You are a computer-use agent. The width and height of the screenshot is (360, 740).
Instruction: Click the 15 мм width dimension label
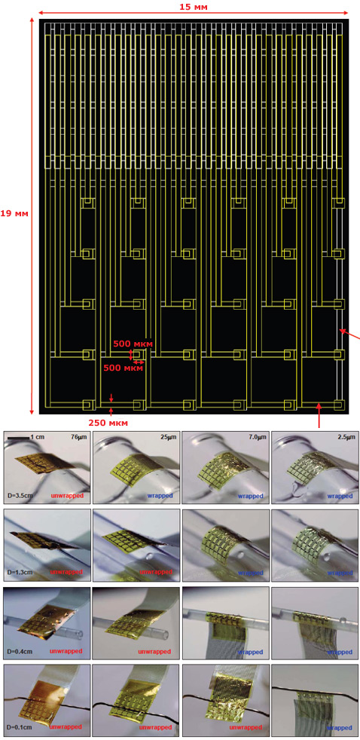(194, 7)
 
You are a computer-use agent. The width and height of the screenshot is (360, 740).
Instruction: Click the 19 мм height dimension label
(14, 213)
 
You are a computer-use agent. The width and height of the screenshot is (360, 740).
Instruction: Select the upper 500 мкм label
(133, 344)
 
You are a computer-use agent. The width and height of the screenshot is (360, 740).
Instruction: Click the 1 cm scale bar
(19, 439)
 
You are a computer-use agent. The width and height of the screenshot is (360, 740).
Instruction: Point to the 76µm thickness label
(79, 438)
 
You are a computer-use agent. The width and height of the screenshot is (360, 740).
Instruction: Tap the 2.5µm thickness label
(346, 438)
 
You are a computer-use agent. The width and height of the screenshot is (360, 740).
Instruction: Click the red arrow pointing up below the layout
(319, 414)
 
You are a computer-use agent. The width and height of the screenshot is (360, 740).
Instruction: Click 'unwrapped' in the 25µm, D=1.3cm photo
(158, 573)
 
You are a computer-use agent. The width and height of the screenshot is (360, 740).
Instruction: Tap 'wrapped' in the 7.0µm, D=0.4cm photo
(249, 652)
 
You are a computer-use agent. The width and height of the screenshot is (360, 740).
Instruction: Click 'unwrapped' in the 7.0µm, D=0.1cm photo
(247, 729)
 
